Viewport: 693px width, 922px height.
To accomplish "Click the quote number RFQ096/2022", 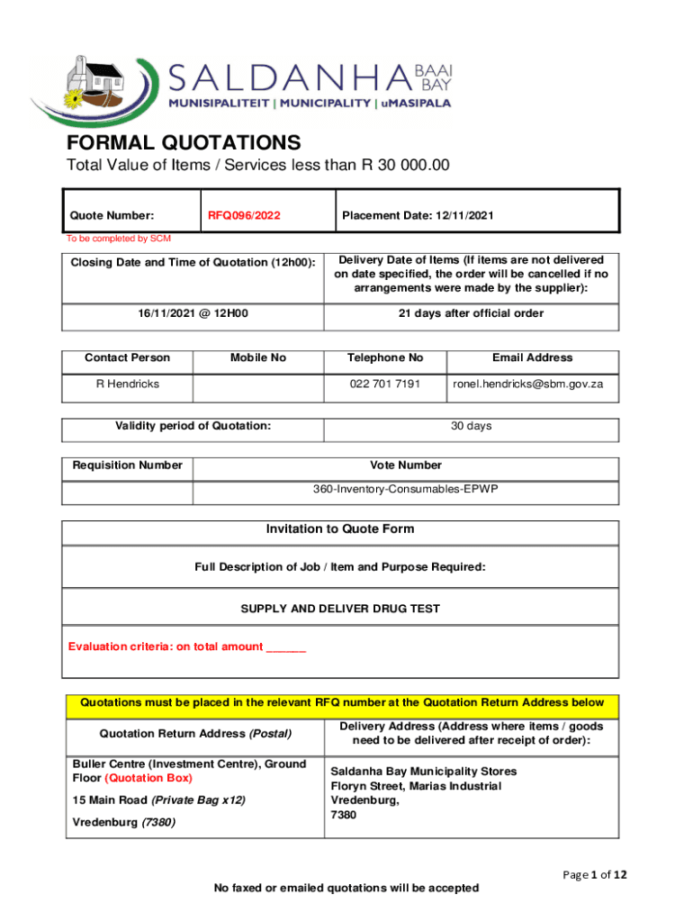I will coord(244,216).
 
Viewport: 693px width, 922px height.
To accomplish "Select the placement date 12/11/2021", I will coord(417,216).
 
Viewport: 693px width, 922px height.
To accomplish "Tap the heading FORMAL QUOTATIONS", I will coord(184,142).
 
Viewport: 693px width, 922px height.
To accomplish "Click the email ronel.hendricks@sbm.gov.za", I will coord(534,384).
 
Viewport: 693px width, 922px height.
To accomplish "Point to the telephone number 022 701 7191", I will coord(384,384).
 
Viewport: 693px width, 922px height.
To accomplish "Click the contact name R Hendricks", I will coord(127,384).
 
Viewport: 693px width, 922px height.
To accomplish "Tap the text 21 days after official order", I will coord(471,313).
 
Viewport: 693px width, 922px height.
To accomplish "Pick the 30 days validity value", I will coord(471,426).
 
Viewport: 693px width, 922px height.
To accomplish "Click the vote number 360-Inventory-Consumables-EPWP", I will coord(406,489).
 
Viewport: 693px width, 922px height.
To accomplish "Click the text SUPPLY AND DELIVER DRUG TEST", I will coord(340,609).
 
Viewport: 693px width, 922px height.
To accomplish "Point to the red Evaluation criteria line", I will coord(187,646).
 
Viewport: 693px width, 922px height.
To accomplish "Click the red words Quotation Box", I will coord(148,778).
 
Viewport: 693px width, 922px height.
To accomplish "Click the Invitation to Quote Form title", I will coord(340,529).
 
